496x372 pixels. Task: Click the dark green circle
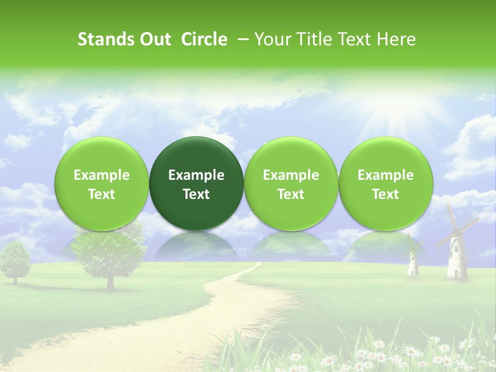coord(196,183)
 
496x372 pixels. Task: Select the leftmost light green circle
coord(102,183)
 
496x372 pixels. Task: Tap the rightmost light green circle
coord(385,183)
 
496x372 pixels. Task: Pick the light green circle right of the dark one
coord(291,183)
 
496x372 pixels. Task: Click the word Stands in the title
coord(105,39)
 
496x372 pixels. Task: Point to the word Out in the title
coord(156,39)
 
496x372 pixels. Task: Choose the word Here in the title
coord(397,39)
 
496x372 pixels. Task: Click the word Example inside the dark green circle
coord(196,175)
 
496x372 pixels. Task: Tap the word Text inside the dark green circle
coord(196,194)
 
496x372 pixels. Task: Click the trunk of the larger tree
coord(110,281)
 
